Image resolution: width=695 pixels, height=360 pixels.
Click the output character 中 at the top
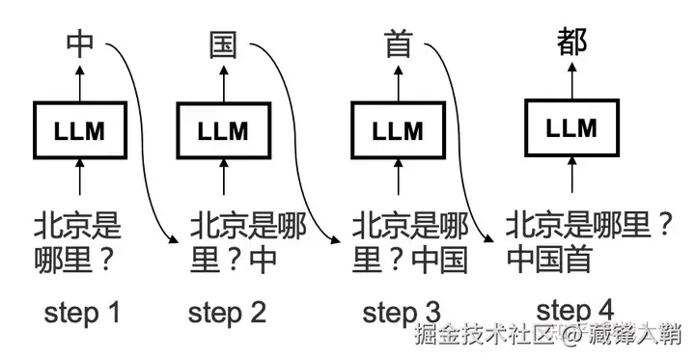(x=81, y=44)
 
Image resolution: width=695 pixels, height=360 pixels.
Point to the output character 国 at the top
(x=223, y=44)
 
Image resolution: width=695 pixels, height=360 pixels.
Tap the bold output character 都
(x=571, y=42)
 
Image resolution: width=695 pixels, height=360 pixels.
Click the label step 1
(x=82, y=312)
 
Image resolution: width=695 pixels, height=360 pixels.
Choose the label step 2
(x=227, y=312)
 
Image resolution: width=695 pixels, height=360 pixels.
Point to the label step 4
(x=575, y=311)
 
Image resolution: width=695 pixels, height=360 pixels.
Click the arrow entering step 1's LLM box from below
(x=81, y=180)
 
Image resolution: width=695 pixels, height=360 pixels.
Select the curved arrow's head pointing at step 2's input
(x=177, y=239)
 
